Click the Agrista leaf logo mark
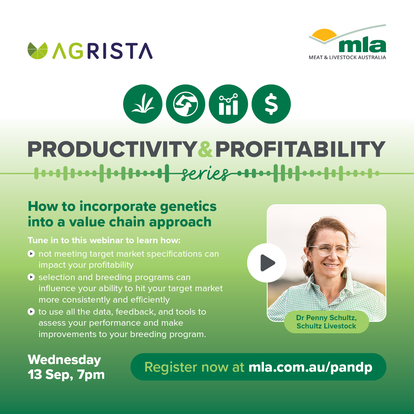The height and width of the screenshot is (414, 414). [38, 51]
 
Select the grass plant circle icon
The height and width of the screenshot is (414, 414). [142, 104]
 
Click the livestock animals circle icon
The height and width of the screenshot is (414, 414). [185, 104]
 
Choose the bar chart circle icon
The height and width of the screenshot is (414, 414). [228, 104]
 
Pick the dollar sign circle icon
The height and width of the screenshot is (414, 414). [271, 104]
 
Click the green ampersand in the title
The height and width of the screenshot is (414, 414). [205, 149]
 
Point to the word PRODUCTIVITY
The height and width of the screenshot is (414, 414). [112, 149]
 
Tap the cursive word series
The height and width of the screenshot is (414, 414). [205, 174]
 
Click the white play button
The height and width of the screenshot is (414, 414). [267, 263]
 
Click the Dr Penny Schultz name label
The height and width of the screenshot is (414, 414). [326, 322]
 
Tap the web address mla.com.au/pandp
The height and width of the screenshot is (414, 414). [310, 367]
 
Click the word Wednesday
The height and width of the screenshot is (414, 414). [64, 360]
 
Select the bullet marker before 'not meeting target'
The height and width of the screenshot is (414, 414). [31, 254]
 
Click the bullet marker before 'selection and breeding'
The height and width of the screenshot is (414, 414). [31, 277]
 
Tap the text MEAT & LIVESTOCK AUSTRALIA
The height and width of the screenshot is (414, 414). [347, 57]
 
